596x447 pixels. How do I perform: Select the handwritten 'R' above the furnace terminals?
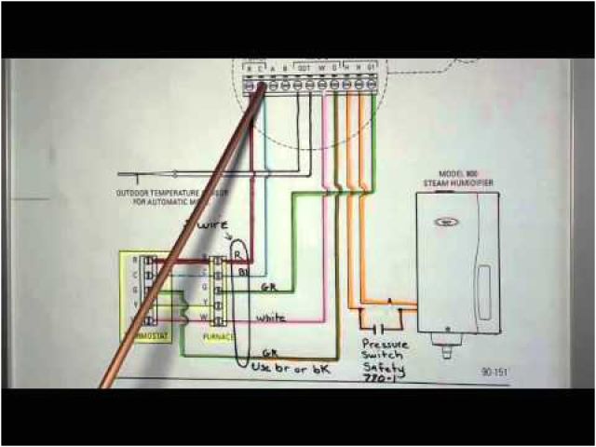[237, 252]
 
